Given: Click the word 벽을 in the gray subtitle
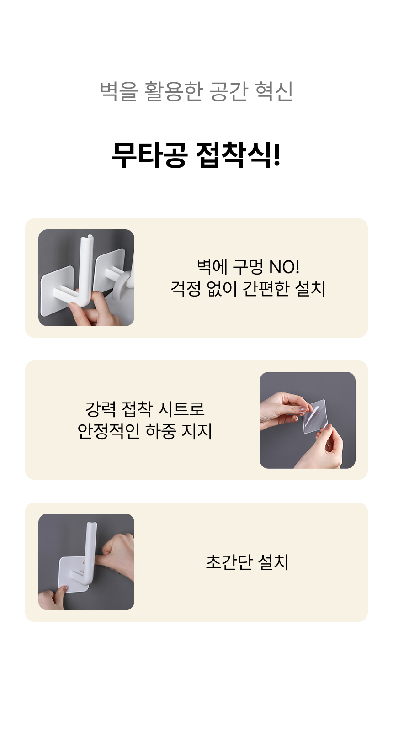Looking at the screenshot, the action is coord(119,91).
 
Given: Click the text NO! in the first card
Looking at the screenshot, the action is coord(284,267).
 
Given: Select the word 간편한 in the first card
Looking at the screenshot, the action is coord(266,288).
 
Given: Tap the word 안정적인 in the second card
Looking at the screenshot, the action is coord(108,431).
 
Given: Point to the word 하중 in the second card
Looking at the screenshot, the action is coord(160,431).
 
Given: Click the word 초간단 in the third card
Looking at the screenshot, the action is coord(229,562).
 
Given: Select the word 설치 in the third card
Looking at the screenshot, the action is coord(273,562).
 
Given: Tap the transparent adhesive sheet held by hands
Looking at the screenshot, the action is coord(315,417).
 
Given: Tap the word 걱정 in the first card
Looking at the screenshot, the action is coord(186,288).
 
